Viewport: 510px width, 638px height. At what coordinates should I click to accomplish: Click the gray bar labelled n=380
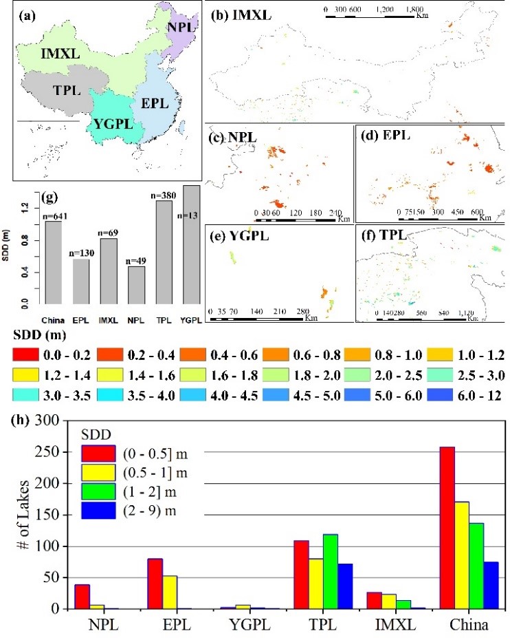[164, 252]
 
